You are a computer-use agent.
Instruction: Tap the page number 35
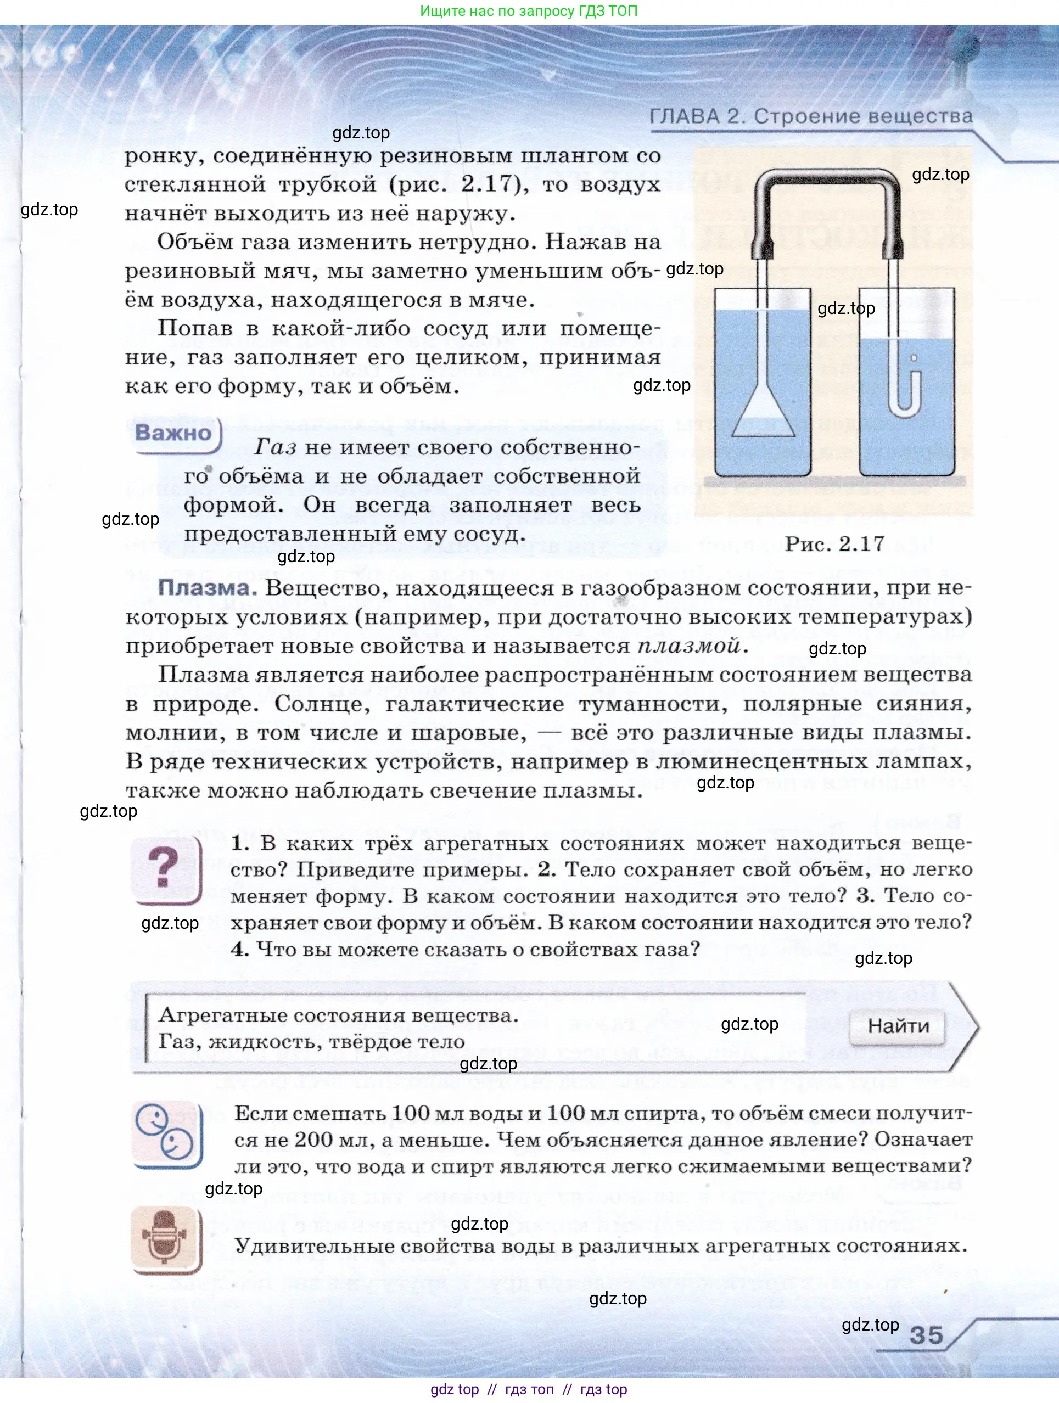[926, 1334]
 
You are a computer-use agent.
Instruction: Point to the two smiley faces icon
[166, 1135]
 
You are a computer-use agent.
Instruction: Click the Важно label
[173, 433]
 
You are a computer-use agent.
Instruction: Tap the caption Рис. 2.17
[834, 543]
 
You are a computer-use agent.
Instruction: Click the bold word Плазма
[207, 588]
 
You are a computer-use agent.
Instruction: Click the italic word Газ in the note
[276, 447]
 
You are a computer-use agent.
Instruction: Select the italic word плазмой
[689, 646]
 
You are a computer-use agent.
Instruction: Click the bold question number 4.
[239, 950]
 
